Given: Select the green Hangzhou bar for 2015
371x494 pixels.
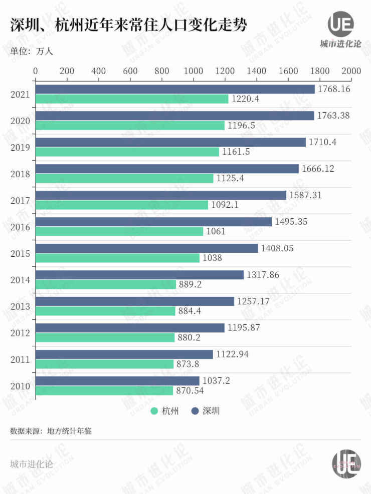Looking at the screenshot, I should point(117,258).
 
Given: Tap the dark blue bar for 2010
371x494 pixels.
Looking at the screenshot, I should point(117,381).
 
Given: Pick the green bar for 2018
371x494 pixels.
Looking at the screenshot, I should point(124,178).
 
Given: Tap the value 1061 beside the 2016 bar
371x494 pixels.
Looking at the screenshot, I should point(216,231).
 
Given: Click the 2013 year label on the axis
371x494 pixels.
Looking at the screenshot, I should point(21,306).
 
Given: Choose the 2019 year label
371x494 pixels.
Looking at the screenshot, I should point(21,147).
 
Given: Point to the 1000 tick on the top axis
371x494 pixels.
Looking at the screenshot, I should point(193,71).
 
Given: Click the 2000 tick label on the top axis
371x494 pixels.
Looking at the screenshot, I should point(350,71).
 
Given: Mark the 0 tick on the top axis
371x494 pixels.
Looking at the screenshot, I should point(35,71).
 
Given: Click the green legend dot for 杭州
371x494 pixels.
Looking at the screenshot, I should point(155,411).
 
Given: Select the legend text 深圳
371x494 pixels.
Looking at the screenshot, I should point(211,411).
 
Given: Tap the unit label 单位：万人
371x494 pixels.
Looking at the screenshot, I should point(31,51).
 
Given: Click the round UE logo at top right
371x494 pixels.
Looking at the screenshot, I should point(341,24).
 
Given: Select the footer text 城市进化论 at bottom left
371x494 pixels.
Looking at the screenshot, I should point(31,463).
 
